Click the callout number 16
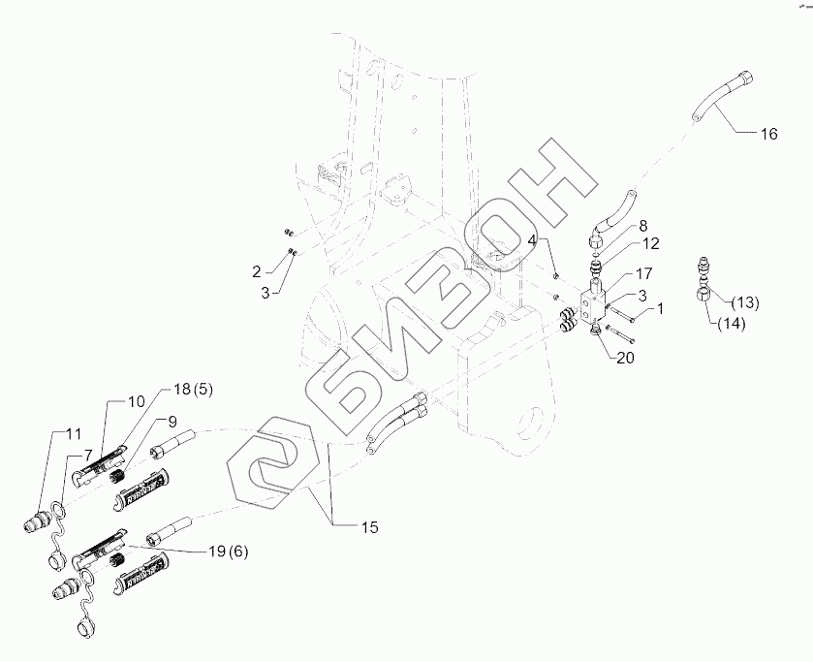(767, 135)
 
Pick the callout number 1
(661, 309)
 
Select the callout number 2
(257, 270)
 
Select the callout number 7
(86, 454)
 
